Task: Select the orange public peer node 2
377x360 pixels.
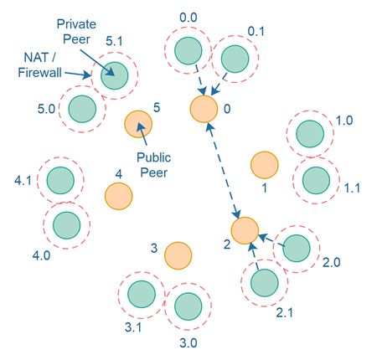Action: click(x=245, y=229)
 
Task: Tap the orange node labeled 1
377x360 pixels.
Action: click(x=264, y=165)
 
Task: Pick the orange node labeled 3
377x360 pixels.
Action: click(x=178, y=255)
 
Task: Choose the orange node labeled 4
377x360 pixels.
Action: click(x=118, y=196)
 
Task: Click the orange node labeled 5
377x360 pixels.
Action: click(x=138, y=125)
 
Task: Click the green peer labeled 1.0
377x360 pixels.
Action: click(x=311, y=133)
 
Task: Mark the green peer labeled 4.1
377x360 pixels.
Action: click(x=61, y=178)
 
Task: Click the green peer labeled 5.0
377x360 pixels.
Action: click(x=82, y=107)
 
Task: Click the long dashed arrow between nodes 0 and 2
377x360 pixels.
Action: click(x=223, y=169)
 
